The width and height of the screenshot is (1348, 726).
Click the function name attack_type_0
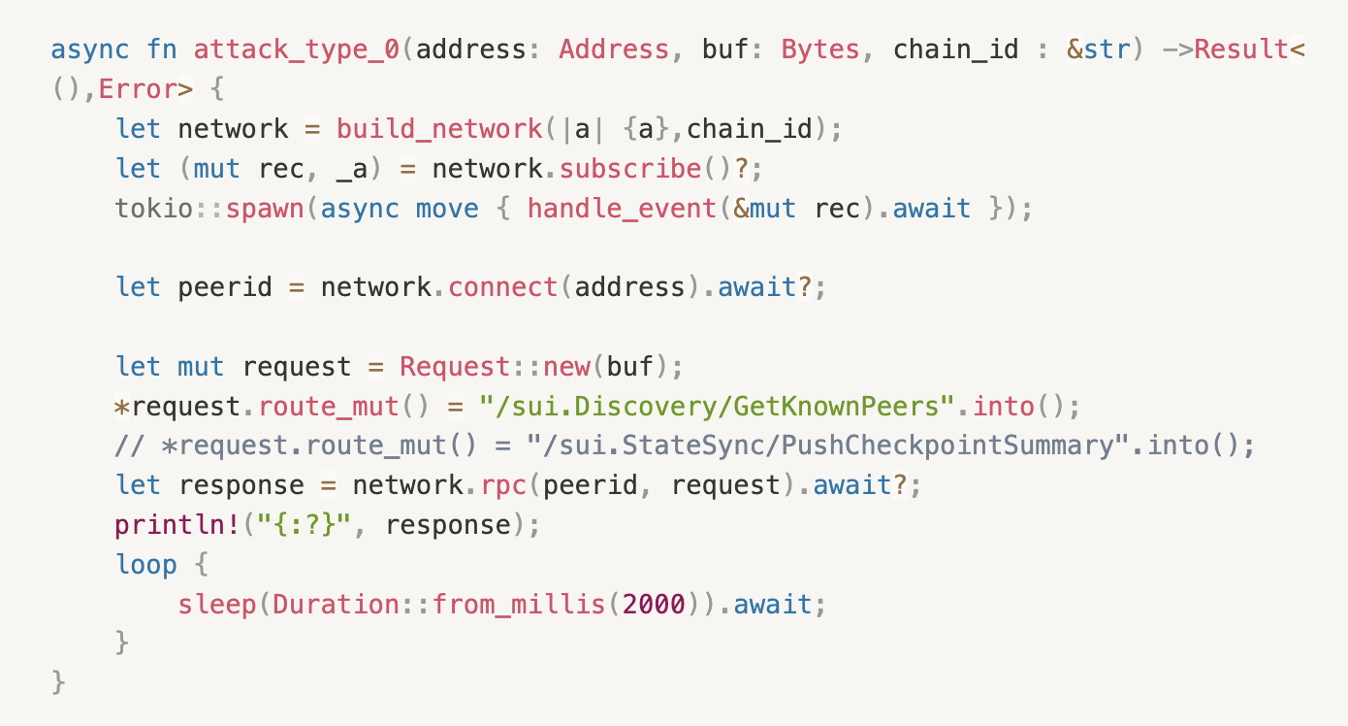pyautogui.click(x=297, y=49)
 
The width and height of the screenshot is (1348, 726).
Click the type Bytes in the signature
pyautogui.click(x=820, y=49)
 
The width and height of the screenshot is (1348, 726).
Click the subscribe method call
pyautogui.click(x=630, y=169)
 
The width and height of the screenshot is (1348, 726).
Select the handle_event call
pyautogui.click(x=623, y=209)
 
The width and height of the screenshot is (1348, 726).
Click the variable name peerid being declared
pyautogui.click(x=225, y=288)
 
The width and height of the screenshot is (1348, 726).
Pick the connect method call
pyautogui.click(x=503, y=288)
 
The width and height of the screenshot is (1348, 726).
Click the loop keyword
pyautogui.click(x=146, y=565)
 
